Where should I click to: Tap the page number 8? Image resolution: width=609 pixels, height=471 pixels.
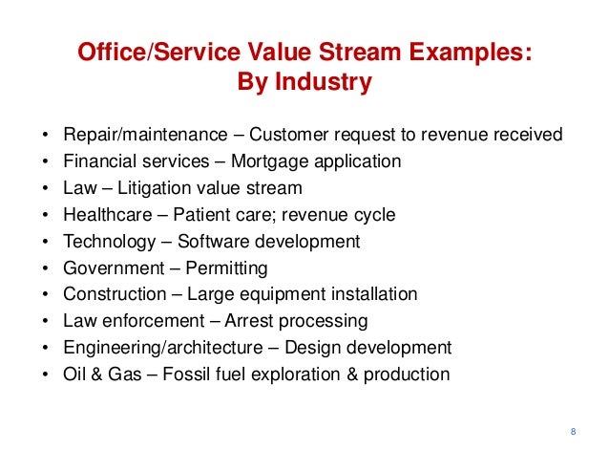573,433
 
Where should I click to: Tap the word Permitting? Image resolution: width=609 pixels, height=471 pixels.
227,268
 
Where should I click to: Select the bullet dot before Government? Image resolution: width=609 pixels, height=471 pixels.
46,268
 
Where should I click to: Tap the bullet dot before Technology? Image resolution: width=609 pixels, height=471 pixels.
46,242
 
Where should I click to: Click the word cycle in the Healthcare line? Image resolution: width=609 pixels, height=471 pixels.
374,215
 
